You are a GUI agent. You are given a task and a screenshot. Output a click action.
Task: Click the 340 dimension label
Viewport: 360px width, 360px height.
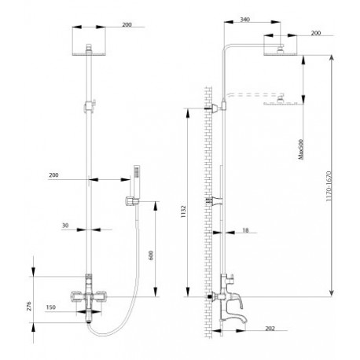click(244, 20)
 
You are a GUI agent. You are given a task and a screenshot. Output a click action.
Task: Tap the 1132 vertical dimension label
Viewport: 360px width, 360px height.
click(183, 211)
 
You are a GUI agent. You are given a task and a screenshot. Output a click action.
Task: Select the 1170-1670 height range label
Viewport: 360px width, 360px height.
click(329, 186)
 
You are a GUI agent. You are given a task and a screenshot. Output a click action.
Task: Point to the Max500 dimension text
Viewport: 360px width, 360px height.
click(300, 149)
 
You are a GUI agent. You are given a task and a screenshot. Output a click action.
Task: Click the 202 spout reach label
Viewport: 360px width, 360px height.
click(270, 329)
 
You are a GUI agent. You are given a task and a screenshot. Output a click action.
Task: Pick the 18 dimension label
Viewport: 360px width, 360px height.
click(245, 230)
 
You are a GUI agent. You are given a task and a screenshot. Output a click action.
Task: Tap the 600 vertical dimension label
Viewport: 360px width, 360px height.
click(151, 255)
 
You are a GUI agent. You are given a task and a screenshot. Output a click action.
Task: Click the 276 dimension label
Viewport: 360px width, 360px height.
click(28, 306)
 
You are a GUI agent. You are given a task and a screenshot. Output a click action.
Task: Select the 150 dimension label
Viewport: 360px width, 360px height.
click(50, 307)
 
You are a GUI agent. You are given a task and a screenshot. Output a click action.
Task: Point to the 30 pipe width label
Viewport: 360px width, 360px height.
click(65, 226)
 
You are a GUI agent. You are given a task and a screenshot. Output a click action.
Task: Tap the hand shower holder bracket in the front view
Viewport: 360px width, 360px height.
click(132, 201)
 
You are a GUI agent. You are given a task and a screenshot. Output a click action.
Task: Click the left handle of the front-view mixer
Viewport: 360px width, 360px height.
click(77, 296)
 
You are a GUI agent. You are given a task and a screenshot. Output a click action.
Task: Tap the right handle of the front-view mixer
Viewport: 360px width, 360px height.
click(100, 296)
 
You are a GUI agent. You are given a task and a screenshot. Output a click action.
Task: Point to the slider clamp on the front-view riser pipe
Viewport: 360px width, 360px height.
click(90, 105)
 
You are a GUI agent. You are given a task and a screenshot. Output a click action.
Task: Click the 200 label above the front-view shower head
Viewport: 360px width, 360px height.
click(127, 24)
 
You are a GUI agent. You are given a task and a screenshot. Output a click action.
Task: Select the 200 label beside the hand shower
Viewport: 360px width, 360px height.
click(53, 175)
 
